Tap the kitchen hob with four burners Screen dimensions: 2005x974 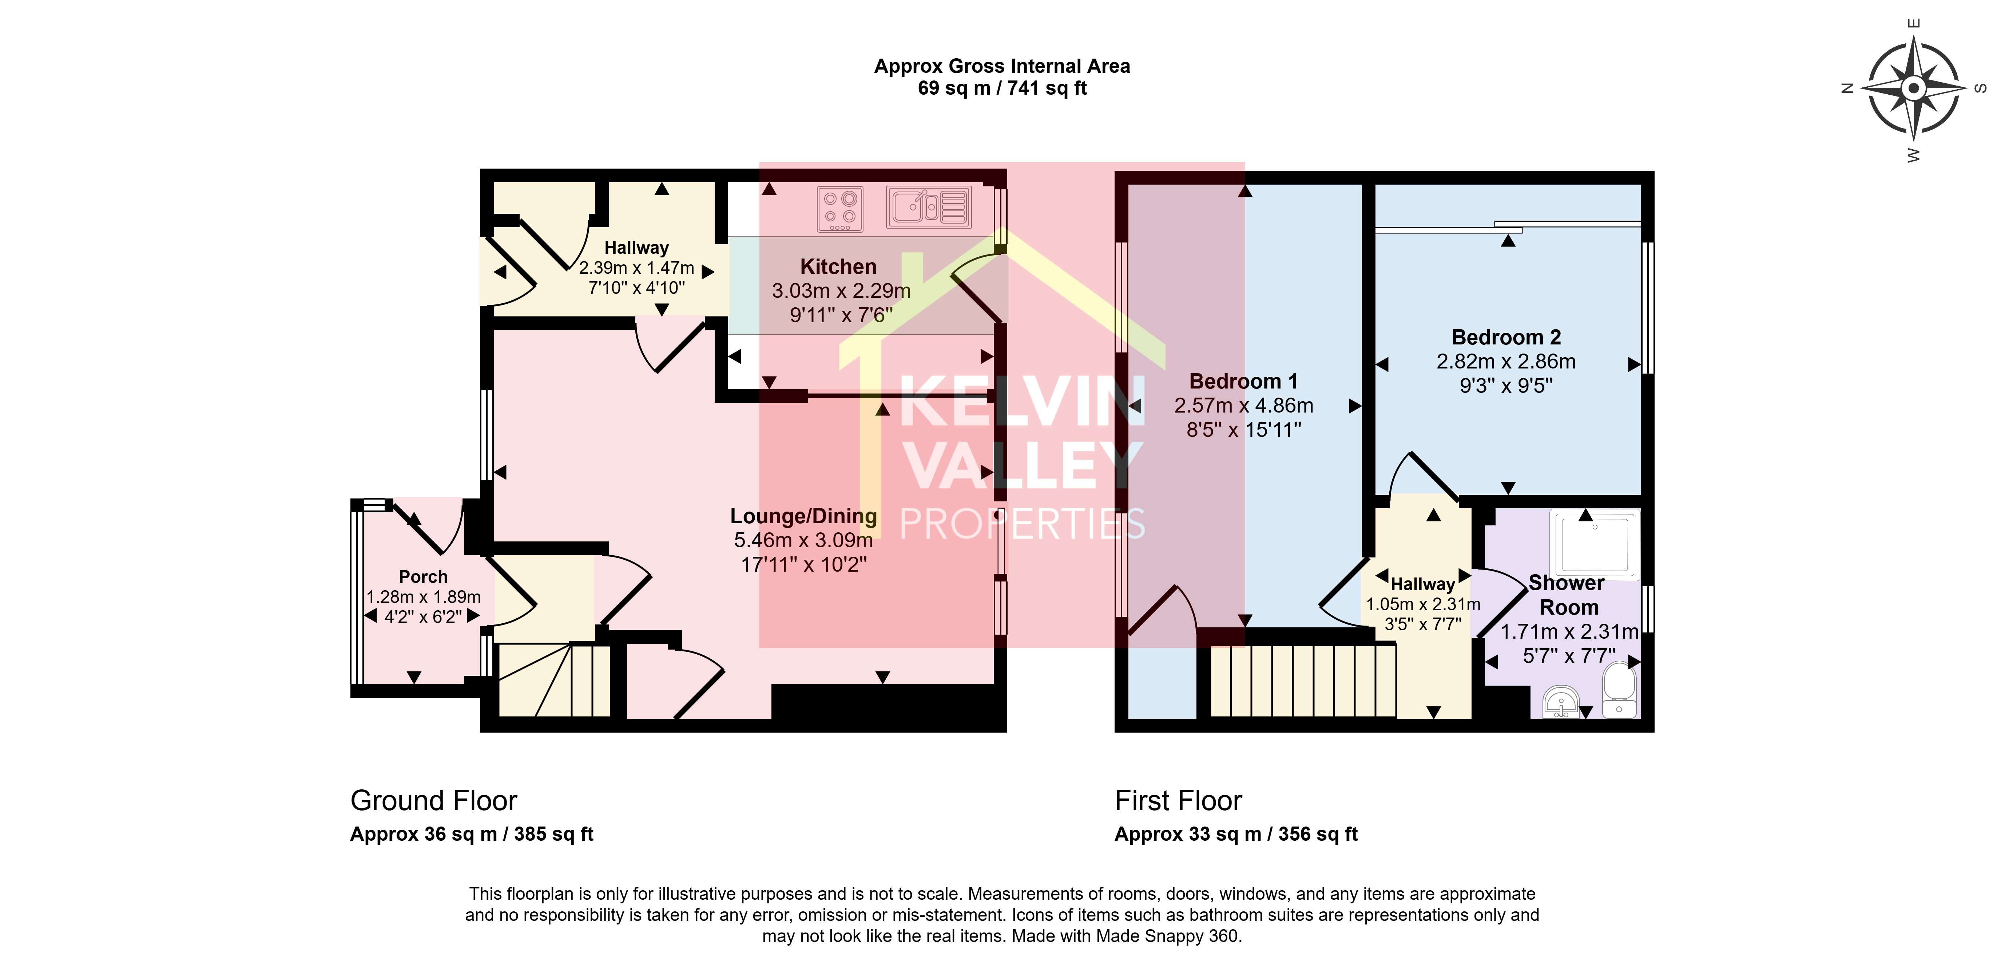840,209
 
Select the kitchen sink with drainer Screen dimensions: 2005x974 929,207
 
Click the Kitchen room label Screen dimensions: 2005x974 838,267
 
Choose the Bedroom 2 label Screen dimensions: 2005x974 1506,337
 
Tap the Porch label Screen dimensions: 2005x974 424,577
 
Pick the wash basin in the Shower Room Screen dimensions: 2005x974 1561,702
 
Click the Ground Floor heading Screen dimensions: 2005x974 433,800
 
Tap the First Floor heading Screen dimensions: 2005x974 1178,800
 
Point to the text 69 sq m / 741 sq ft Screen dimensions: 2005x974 1002,88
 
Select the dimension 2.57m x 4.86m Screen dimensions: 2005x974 1244,406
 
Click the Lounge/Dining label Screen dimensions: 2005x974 803,516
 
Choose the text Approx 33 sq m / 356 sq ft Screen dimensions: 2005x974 1236,834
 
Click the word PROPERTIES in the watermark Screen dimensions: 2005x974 1022,524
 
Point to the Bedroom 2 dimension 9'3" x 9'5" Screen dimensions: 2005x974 1506,385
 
